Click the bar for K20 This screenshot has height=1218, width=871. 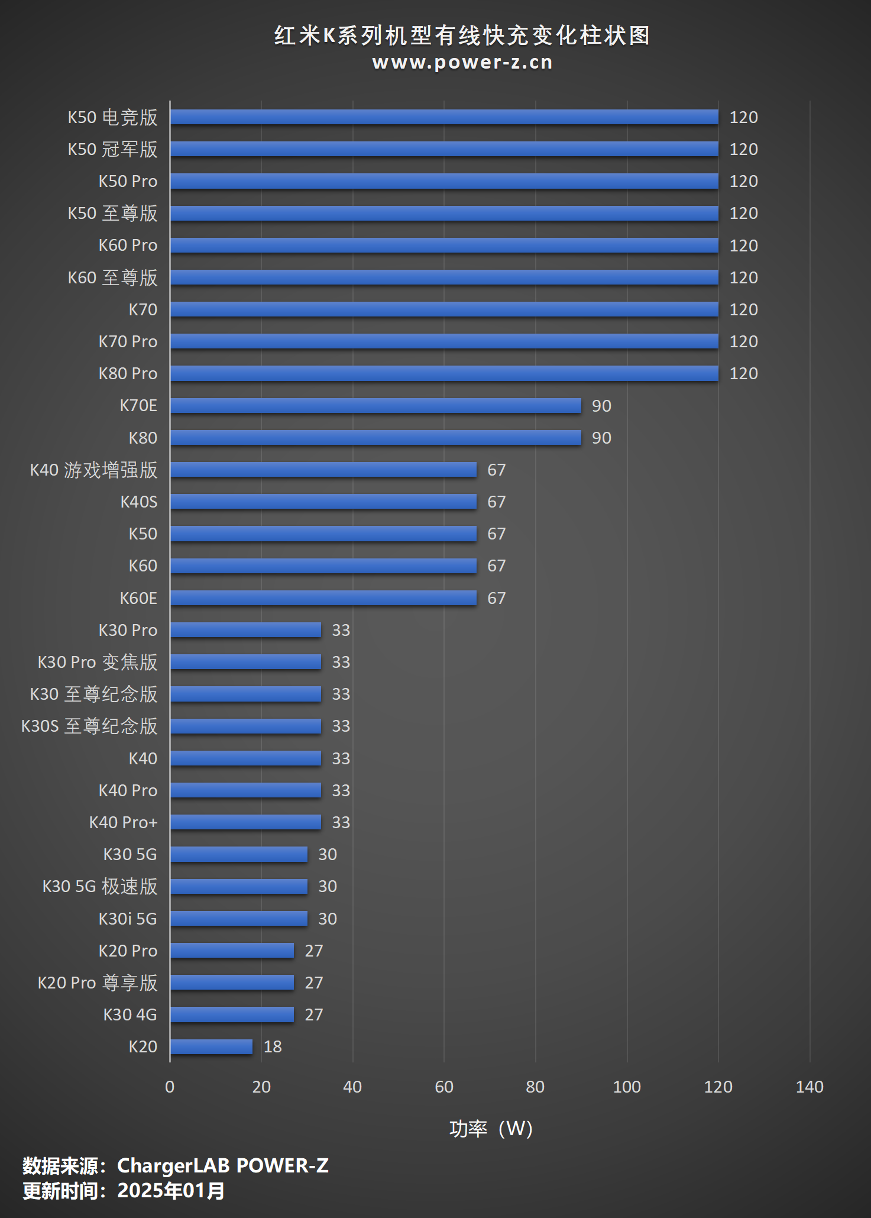211,1046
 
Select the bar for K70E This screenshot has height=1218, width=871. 375,406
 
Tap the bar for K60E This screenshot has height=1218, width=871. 323,598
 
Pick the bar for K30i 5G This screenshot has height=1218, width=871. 239,919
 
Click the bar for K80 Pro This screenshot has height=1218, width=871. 443,373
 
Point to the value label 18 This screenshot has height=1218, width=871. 273,1047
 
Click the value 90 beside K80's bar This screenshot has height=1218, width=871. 601,438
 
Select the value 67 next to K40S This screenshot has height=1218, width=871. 496,502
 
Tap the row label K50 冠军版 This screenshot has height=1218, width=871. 112,149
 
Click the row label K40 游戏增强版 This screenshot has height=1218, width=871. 93,470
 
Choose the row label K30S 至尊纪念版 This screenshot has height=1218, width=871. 89,726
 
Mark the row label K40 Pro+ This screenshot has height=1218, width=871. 123,822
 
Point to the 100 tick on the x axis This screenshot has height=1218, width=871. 627,1087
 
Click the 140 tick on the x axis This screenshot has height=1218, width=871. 810,1087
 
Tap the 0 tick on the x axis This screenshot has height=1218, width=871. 170,1087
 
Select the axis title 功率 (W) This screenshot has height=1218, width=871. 491,1129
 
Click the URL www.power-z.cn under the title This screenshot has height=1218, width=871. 462,62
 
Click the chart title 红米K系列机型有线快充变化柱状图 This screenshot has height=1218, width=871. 462,35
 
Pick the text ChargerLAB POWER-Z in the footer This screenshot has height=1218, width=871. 223,1165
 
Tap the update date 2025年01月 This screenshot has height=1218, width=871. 171,1191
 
